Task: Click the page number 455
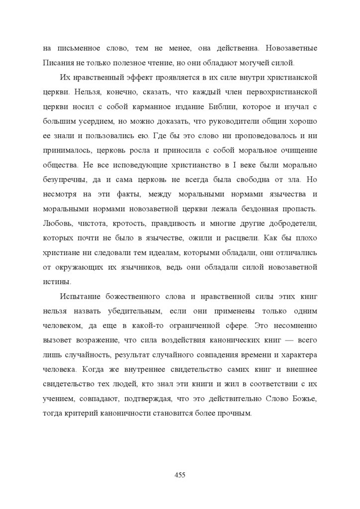180,475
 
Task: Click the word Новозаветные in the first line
291,49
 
